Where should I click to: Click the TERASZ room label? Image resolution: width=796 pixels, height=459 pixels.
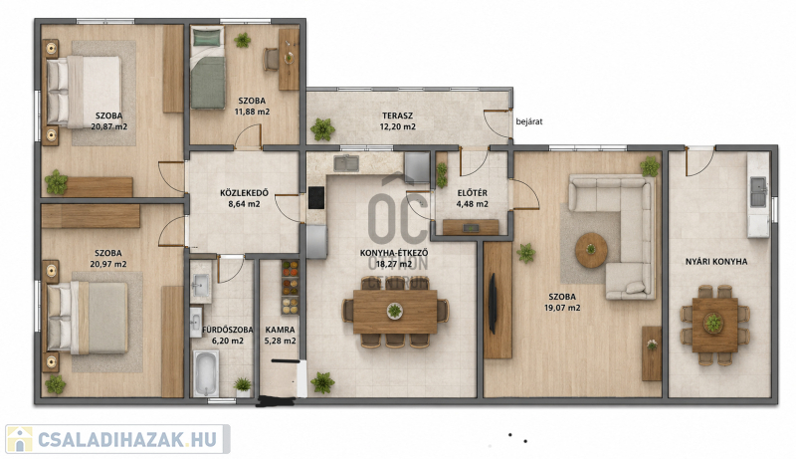pyautogui.click(x=397, y=115)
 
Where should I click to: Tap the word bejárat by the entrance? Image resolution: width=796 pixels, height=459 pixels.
pyautogui.click(x=529, y=121)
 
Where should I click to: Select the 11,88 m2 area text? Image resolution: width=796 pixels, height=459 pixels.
pyautogui.click(x=252, y=112)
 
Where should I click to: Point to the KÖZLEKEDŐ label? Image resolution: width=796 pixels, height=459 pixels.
pyautogui.click(x=244, y=193)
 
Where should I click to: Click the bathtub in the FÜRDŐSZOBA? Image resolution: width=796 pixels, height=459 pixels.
pyautogui.click(x=206, y=373)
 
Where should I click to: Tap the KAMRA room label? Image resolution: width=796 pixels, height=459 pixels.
pyautogui.click(x=280, y=330)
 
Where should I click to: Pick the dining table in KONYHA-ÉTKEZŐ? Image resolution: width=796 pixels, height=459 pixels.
pyautogui.click(x=395, y=312)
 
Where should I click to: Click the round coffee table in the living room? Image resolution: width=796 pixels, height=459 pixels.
pyautogui.click(x=591, y=250)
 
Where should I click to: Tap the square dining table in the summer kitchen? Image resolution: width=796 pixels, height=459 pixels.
pyautogui.click(x=714, y=325)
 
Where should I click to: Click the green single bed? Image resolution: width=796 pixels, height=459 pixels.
pyautogui.click(x=208, y=68)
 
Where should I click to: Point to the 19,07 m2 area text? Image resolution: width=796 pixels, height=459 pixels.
pyautogui.click(x=562, y=308)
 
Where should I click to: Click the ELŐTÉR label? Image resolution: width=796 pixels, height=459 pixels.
pyautogui.click(x=472, y=193)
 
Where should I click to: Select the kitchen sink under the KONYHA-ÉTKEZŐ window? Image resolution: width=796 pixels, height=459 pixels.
pyautogui.click(x=346, y=163)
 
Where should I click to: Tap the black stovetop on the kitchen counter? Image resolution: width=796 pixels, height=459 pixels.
pyautogui.click(x=316, y=197)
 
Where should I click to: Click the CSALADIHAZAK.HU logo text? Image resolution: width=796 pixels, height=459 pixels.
pyautogui.click(x=127, y=440)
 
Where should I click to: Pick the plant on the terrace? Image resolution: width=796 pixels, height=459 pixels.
pyautogui.click(x=322, y=129)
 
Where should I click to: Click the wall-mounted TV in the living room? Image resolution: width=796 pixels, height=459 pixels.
pyautogui.click(x=492, y=304)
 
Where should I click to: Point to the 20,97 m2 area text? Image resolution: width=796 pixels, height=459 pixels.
pyautogui.click(x=108, y=264)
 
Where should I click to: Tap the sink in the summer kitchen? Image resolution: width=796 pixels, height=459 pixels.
pyautogui.click(x=758, y=191)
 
